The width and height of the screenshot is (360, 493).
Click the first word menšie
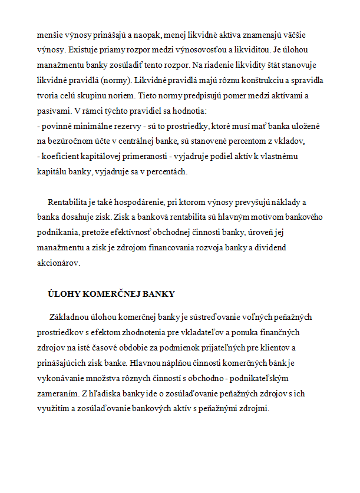49,34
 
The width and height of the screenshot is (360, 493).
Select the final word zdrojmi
255,408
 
